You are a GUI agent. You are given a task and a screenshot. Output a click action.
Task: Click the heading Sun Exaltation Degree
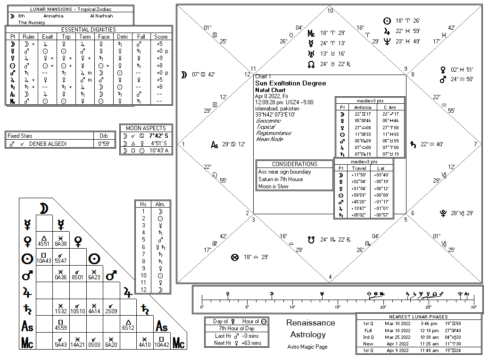point(290,83)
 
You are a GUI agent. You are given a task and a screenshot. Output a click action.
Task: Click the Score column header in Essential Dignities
point(160,36)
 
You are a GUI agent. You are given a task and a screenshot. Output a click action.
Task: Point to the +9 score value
point(159,58)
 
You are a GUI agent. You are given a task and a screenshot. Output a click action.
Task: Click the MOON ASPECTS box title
point(146,128)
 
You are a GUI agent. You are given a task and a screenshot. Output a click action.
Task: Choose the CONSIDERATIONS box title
point(294,164)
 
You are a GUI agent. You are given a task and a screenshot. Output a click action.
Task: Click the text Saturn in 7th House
point(281,179)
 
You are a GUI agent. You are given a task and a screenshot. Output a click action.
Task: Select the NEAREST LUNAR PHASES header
point(419,317)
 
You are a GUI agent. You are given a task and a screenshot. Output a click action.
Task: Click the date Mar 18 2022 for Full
point(398,330)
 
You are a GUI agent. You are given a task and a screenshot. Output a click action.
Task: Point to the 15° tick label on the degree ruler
point(338,307)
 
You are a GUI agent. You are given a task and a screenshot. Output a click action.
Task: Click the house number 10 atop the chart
point(330,11)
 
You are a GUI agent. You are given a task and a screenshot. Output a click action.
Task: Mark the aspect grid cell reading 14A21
point(76,345)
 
